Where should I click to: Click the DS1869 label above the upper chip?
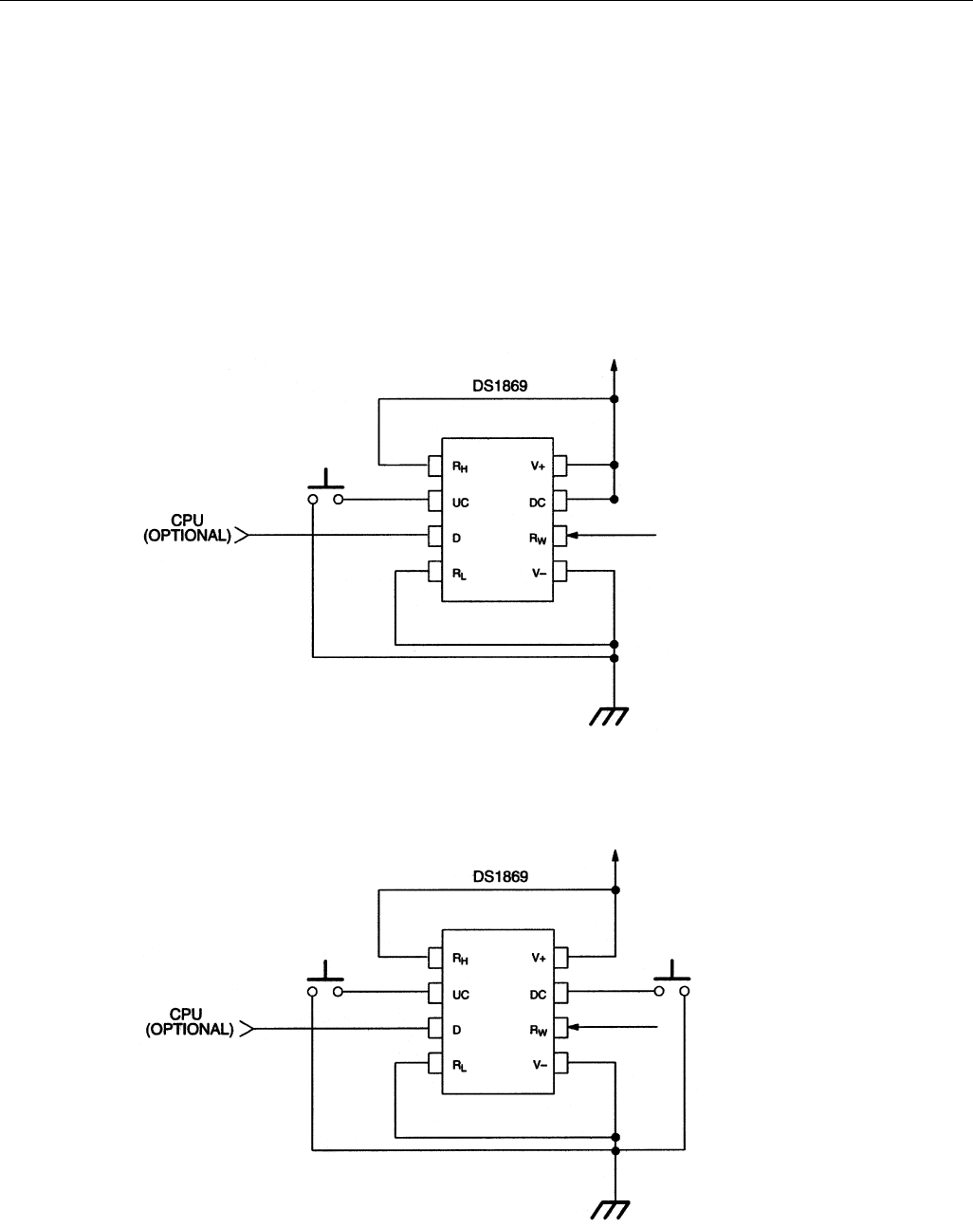501,387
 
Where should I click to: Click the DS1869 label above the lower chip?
501,877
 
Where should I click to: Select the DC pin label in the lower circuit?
538,994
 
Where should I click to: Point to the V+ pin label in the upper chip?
538,467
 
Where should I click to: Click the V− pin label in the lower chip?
538,1064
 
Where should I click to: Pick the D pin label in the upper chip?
455,537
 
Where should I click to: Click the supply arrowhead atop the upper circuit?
615,364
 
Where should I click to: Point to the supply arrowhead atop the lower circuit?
615,854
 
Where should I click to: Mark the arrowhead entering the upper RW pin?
574,537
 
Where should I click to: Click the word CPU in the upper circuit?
191,521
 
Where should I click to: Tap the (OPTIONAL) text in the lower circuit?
190,1030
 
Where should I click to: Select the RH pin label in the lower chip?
460,959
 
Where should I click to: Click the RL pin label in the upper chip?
460,573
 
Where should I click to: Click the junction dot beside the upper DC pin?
615,499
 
